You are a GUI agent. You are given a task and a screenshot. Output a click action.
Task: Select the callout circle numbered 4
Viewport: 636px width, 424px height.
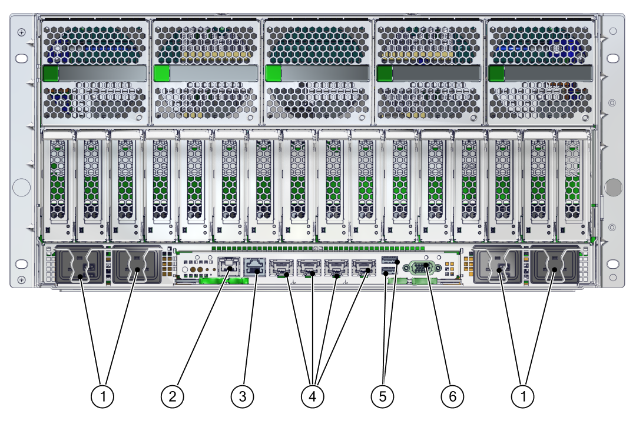pos(313,396)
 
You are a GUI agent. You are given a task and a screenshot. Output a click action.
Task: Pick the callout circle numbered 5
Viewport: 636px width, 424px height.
pos(383,396)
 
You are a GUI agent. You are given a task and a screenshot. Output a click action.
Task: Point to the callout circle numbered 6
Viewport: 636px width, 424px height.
pos(452,396)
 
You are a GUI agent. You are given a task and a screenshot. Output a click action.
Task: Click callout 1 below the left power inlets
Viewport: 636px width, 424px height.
pos(103,396)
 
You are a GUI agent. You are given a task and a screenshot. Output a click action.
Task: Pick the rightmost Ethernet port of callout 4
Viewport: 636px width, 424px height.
pos(362,269)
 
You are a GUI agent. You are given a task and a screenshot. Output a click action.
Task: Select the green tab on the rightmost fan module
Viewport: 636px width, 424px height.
pos(496,73)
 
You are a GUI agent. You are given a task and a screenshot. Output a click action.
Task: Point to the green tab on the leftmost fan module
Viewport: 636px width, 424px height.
pos(51,73)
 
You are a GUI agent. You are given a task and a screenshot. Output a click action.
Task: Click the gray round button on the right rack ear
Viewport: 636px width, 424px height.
pos(612,187)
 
